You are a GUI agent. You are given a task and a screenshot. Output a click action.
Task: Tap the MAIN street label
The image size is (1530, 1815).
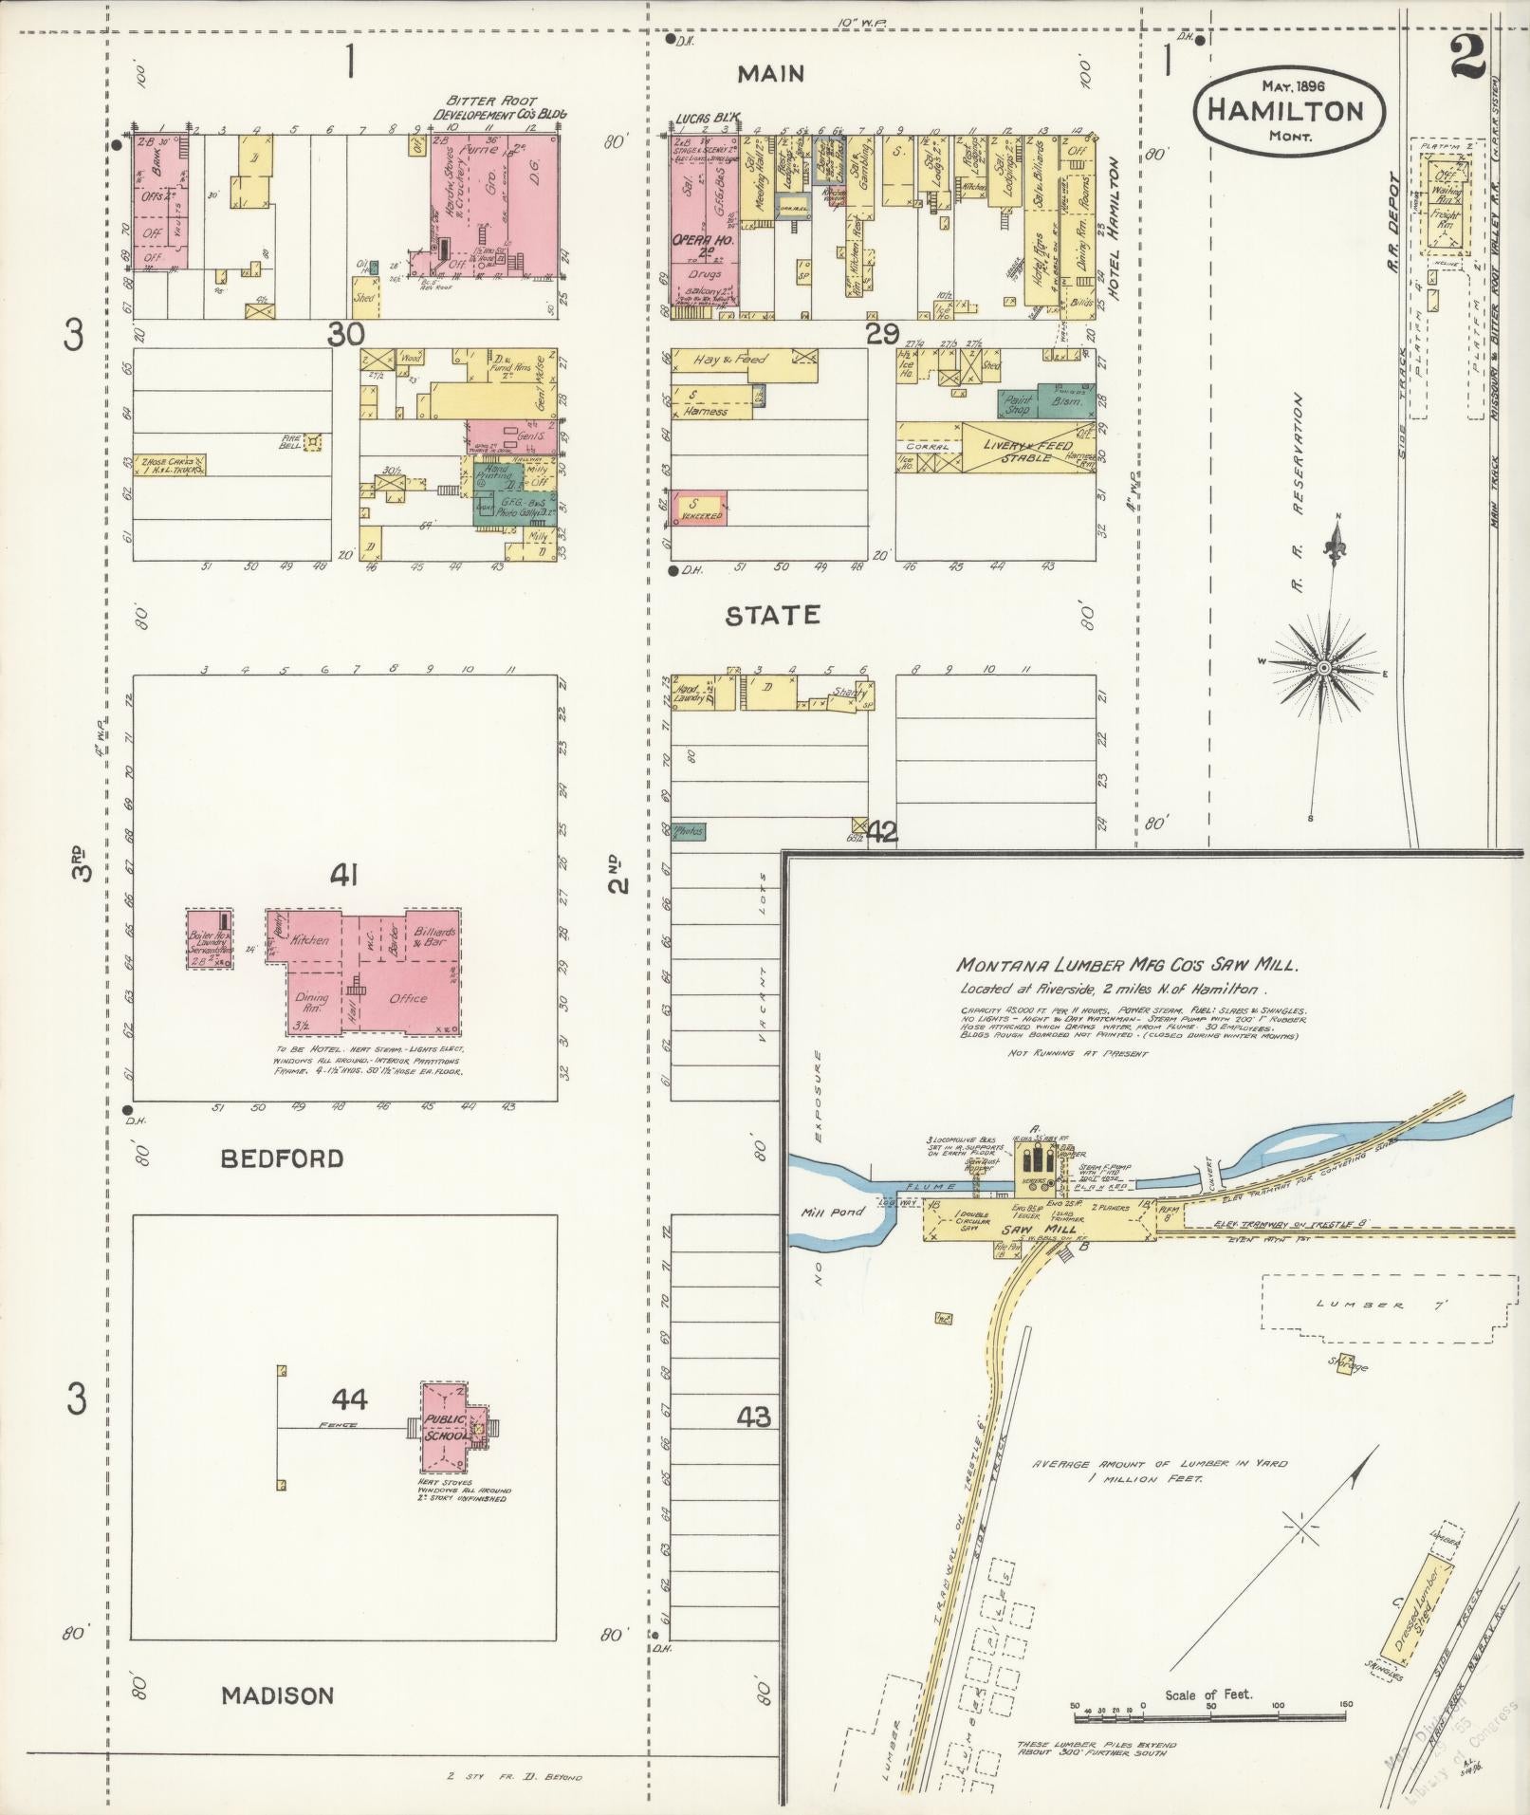[771, 74]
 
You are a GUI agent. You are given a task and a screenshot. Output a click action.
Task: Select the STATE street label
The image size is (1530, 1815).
[772, 616]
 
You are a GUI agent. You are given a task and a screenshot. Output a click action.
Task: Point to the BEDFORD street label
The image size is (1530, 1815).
[282, 1158]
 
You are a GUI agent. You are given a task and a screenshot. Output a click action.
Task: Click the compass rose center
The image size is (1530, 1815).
[1320, 670]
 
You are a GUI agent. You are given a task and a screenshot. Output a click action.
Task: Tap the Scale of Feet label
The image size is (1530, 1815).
[1207, 1695]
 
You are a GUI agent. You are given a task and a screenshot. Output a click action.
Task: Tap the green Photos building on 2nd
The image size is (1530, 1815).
[689, 831]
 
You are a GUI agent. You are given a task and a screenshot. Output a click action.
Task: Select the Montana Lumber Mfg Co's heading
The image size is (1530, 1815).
[1126, 965]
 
